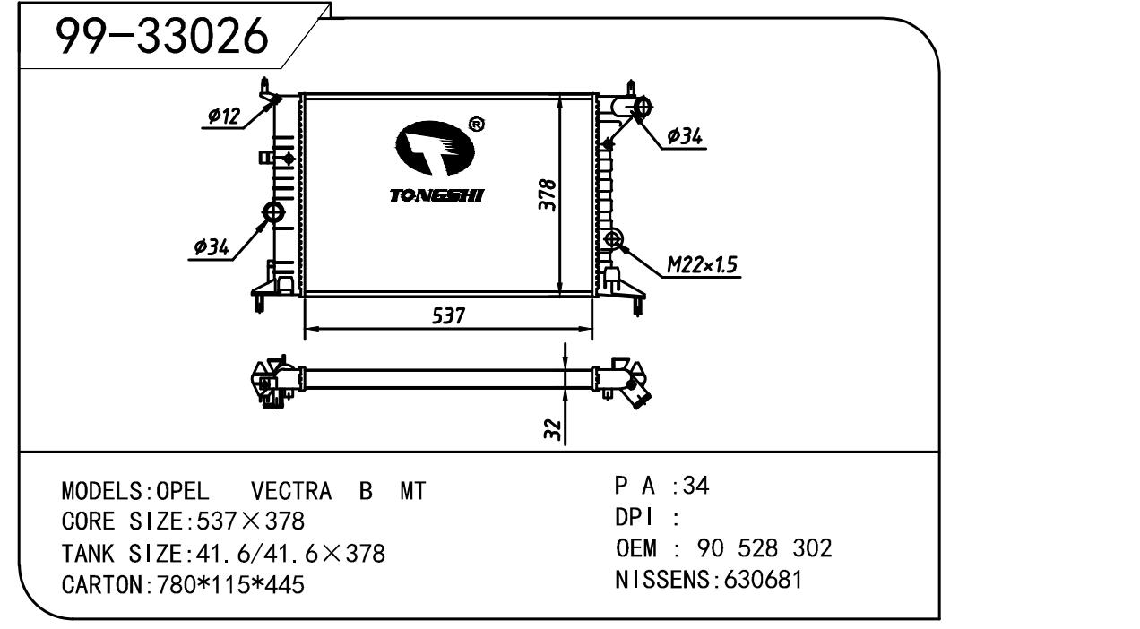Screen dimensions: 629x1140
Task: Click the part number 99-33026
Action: (162, 37)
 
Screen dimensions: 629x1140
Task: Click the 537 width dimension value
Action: (448, 316)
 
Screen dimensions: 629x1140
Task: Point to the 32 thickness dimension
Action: (554, 430)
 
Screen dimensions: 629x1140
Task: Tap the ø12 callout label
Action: (223, 116)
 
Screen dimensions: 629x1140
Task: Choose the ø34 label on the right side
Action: (686, 137)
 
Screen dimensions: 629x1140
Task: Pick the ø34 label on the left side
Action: (212, 246)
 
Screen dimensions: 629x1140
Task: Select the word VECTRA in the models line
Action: (292, 492)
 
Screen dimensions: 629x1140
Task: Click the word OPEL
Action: (184, 492)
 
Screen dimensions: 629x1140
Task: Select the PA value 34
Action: (696, 486)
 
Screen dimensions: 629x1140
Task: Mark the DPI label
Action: (635, 517)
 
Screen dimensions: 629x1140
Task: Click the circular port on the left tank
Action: (272, 212)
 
